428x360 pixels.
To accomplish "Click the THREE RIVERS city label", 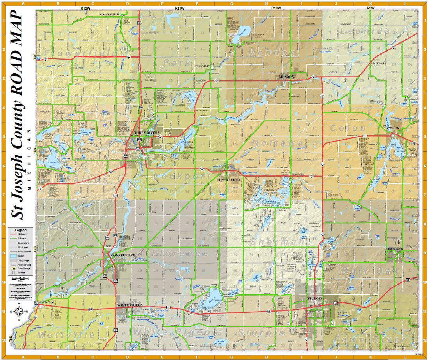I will (x=147, y=133).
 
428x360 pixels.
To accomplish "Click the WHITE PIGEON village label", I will (x=128, y=305).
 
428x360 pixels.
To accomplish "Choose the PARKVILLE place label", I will (x=203, y=66).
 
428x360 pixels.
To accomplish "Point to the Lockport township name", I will (x=183, y=176).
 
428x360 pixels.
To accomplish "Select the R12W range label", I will (x=85, y=8).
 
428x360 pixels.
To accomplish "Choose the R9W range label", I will (x=371, y=8).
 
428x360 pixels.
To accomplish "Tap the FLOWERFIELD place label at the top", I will (x=109, y=14).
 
